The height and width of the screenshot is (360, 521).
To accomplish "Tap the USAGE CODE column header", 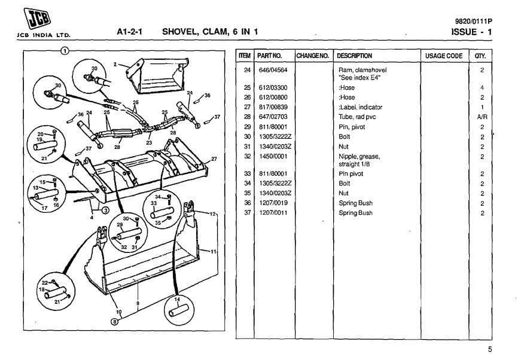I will (443, 56).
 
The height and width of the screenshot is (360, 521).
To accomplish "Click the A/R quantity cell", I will (480, 117).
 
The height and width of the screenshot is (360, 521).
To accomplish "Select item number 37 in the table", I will (246, 213).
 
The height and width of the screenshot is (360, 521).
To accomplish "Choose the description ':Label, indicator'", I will (360, 107).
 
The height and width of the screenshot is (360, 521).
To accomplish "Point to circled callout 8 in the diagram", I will (114, 321).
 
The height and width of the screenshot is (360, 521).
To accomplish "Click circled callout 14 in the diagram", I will (177, 298).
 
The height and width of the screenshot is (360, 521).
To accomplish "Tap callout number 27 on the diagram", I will (214, 158).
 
